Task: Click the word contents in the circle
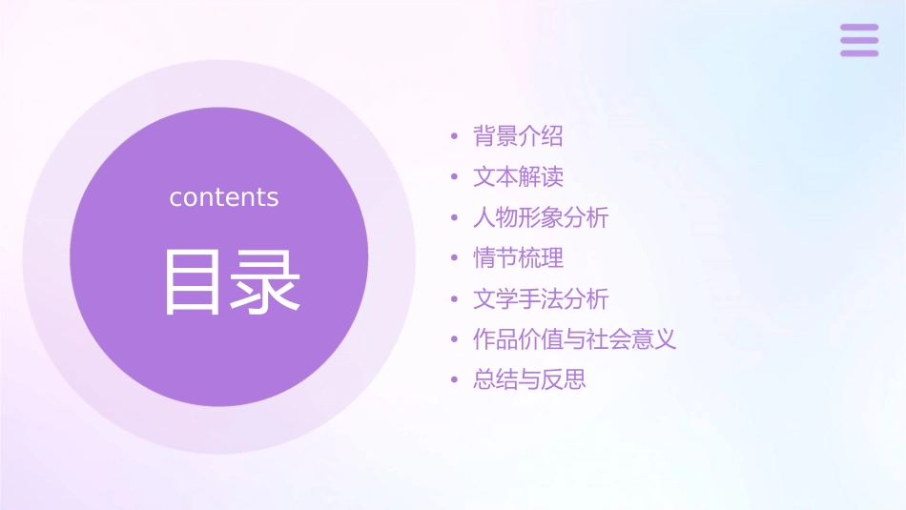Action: click(x=224, y=197)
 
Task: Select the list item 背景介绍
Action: click(x=518, y=136)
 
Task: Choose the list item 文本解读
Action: click(x=518, y=177)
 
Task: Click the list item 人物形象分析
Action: click(x=541, y=217)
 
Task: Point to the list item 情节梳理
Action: click(x=518, y=258)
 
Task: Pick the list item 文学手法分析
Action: click(x=541, y=299)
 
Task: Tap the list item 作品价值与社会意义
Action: click(x=575, y=339)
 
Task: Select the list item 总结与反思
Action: click(x=529, y=380)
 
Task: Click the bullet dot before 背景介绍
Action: click(x=455, y=137)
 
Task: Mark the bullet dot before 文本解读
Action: click(x=455, y=178)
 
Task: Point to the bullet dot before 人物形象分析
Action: click(x=455, y=218)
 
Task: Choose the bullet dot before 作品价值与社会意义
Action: click(x=455, y=340)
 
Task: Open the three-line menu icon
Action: click(x=859, y=40)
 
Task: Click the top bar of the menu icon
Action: click(x=859, y=28)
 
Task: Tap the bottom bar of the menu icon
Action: click(x=859, y=52)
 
